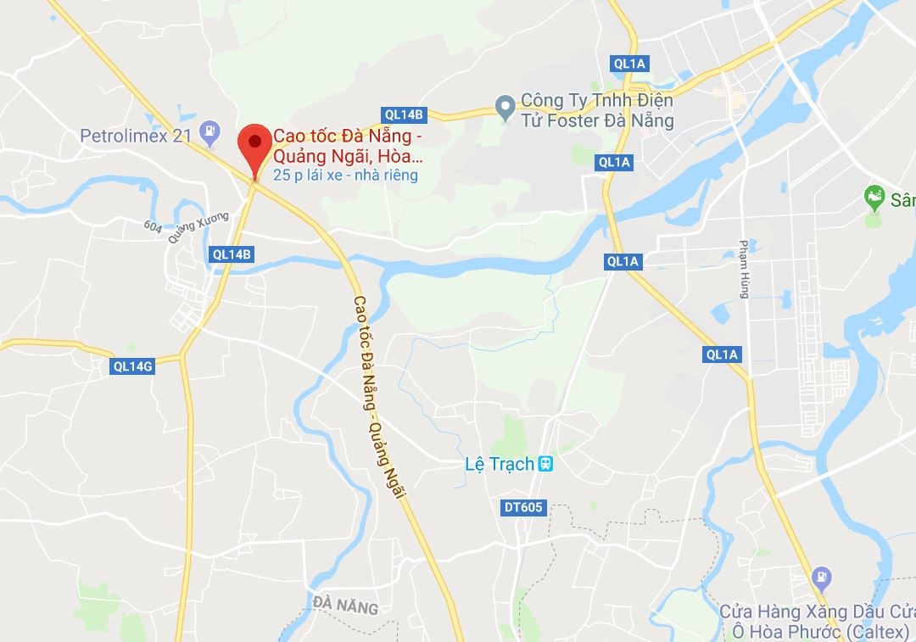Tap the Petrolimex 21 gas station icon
[207, 131]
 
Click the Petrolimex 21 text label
[137, 136]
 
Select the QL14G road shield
[132, 366]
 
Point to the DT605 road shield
[523, 507]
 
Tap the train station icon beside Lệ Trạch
[546, 464]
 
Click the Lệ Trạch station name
[500, 464]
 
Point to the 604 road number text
[154, 226]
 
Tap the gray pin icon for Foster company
[505, 108]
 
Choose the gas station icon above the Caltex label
[821, 578]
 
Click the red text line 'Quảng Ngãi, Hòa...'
[348, 157]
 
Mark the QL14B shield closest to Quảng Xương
[232, 254]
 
